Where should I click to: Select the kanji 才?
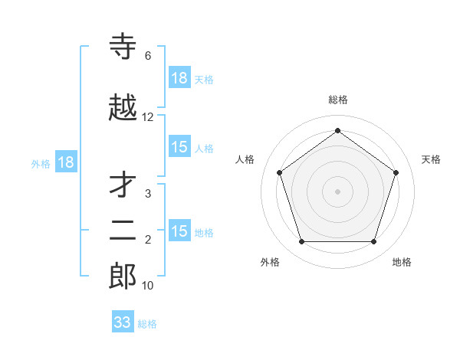click(x=123, y=185)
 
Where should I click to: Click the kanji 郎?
click(x=123, y=276)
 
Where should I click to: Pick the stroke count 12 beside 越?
click(x=148, y=117)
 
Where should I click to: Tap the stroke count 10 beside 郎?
click(x=148, y=286)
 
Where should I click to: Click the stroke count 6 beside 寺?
click(x=148, y=56)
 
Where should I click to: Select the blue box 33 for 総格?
click(x=123, y=322)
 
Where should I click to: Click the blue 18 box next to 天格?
click(x=179, y=78)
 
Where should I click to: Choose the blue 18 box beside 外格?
click(x=66, y=162)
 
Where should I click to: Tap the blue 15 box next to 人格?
click(x=179, y=148)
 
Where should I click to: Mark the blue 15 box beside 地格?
click(x=179, y=231)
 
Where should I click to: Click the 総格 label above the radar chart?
click(x=338, y=100)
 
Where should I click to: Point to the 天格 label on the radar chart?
click(x=432, y=159)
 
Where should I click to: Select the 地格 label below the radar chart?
click(x=402, y=263)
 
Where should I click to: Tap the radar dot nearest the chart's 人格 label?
click(x=280, y=172)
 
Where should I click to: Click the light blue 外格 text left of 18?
click(x=41, y=163)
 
